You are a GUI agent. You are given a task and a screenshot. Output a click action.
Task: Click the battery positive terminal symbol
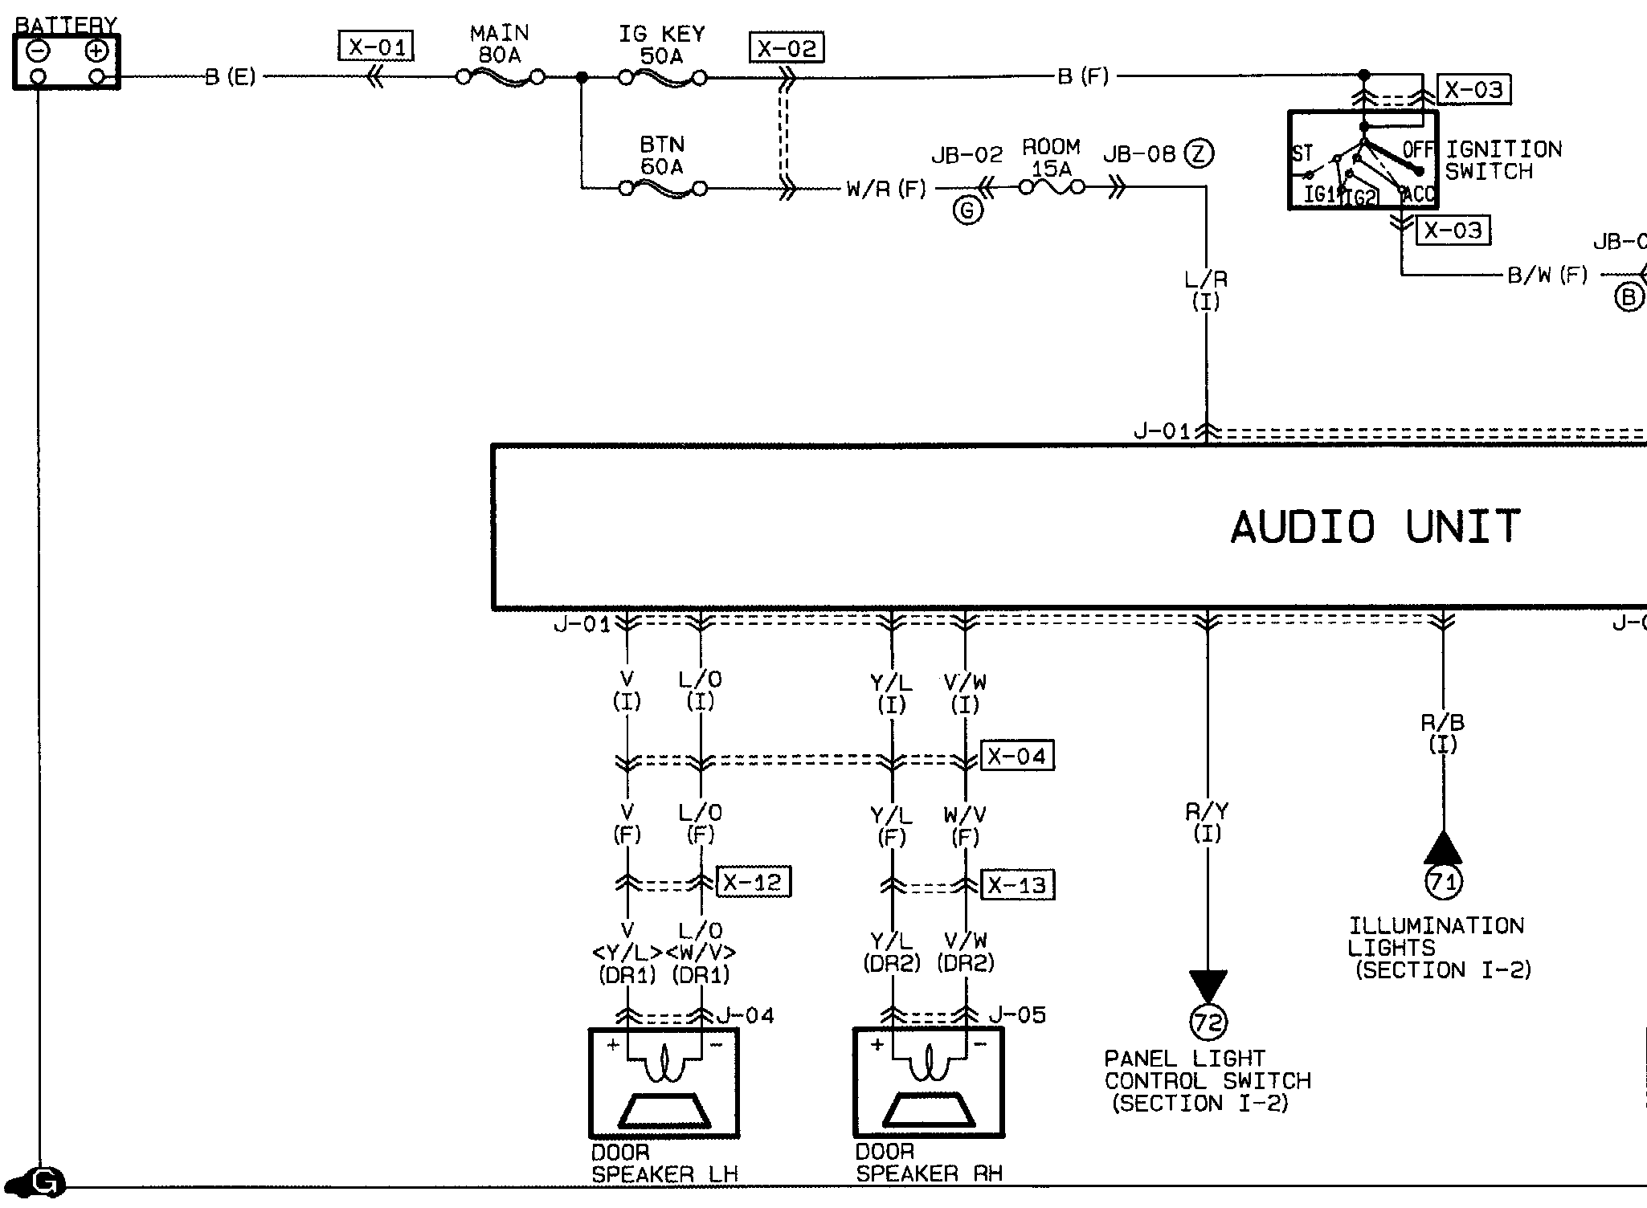coord(96,52)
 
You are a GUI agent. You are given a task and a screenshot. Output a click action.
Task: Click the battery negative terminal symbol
coord(39,52)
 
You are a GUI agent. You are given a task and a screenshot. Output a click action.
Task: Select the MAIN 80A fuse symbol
coord(500,78)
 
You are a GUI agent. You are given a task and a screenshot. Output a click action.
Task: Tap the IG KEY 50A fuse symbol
coord(663,78)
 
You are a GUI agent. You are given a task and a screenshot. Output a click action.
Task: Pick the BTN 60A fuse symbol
coord(663,189)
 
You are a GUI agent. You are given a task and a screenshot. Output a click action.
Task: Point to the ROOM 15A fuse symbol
coord(1052,188)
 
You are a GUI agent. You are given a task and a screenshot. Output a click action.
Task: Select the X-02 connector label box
coord(787,48)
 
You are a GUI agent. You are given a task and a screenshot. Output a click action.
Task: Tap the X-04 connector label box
coord(1017,756)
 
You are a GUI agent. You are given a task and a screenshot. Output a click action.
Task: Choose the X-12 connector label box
coord(753,882)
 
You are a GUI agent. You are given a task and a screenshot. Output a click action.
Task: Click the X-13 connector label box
coord(1017,884)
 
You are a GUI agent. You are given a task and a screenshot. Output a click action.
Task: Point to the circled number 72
coord(1208,1022)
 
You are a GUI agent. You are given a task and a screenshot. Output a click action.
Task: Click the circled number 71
coord(1443,883)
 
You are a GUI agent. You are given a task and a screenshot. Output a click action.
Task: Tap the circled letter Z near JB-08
coord(1199,153)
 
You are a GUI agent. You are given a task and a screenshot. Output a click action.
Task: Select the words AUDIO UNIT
coord(1375,527)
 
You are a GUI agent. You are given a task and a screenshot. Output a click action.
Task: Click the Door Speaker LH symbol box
coord(664,1083)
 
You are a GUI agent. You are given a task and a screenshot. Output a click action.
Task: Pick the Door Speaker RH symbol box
coord(928,1083)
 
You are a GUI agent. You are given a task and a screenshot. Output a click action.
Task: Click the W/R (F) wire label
coord(886,190)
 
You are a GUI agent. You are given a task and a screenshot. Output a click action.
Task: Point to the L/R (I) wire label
coord(1206,291)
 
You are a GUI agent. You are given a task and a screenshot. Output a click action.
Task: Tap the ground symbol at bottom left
coord(45,1183)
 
